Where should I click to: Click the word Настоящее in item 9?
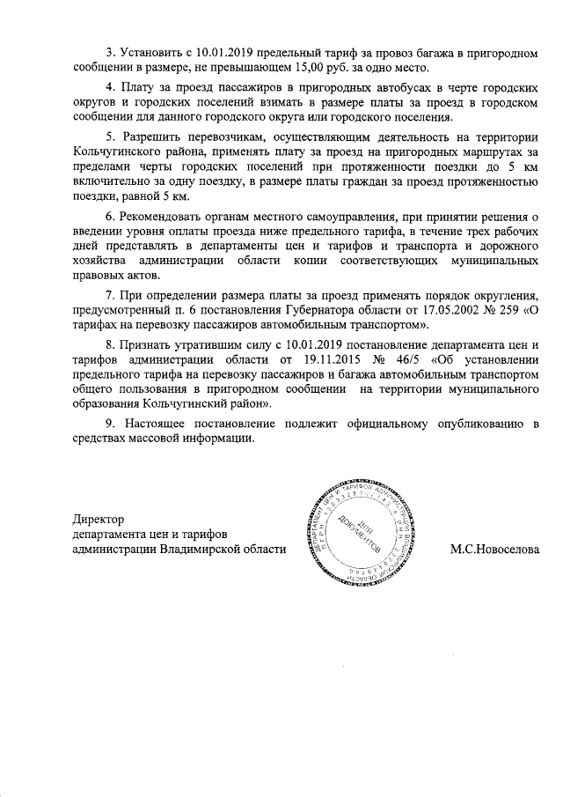[162, 424]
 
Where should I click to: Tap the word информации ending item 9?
[221, 439]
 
